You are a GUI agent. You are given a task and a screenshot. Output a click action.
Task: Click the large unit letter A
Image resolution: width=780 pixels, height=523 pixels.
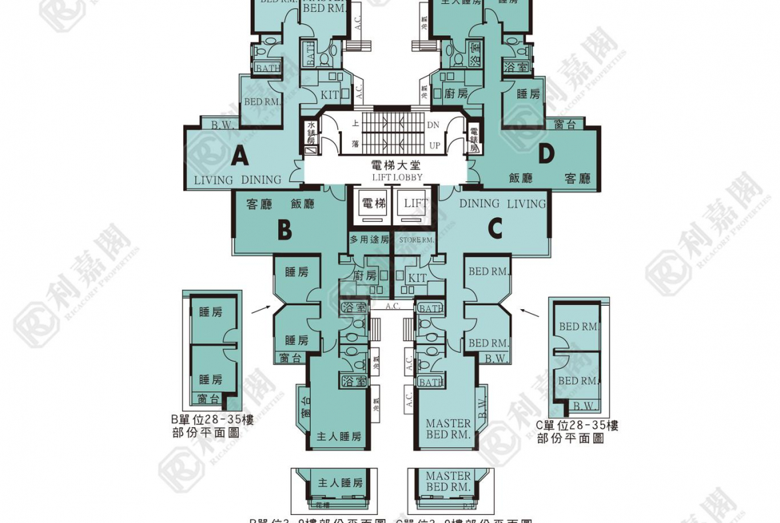coord(239,157)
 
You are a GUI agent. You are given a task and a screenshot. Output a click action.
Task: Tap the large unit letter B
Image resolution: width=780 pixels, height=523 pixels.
coord(285,231)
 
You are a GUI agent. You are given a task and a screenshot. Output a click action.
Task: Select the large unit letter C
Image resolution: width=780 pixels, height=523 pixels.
coord(495,229)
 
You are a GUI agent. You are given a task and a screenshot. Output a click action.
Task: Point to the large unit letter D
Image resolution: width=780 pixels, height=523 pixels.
coord(546,154)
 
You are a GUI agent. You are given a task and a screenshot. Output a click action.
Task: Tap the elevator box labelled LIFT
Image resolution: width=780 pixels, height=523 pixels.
coord(415,204)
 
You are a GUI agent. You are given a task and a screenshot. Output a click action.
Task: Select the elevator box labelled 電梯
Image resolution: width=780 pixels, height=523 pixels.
coord(373,204)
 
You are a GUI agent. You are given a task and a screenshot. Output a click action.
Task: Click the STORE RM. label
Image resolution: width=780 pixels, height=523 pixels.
coord(416,239)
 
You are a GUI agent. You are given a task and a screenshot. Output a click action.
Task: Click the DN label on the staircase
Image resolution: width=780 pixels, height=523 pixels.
coord(433,125)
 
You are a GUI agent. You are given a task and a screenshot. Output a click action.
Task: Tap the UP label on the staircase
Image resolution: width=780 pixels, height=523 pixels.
coord(434,145)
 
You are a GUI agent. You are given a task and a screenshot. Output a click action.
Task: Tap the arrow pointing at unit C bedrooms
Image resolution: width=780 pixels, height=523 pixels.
coord(531,311)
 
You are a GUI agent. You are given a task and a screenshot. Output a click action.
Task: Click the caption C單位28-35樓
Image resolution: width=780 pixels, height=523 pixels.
coord(577,425)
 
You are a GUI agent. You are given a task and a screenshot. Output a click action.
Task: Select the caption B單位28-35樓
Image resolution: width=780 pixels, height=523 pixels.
coord(212,419)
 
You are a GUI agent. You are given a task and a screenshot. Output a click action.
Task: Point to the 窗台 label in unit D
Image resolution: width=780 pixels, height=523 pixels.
coord(565,125)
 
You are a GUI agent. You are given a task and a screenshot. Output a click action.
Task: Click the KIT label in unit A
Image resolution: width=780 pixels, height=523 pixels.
coord(330,95)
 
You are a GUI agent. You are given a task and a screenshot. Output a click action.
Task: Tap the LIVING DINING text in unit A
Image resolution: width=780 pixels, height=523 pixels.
coord(237,180)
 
